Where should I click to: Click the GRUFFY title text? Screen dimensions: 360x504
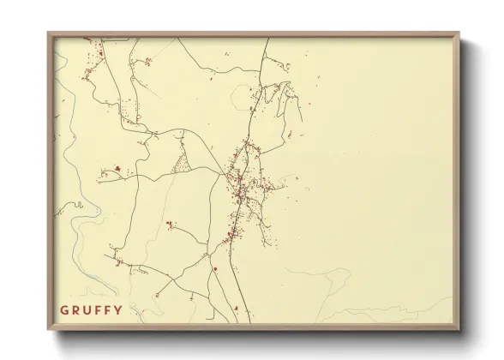[x=91, y=310]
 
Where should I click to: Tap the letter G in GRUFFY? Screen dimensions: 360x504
[x=64, y=310]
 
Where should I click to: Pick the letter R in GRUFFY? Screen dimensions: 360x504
[x=75, y=310]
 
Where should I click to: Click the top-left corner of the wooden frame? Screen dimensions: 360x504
[x=48, y=33]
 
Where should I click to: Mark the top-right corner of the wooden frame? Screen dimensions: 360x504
[x=459, y=33]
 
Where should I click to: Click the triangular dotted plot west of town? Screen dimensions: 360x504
[x=183, y=160]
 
